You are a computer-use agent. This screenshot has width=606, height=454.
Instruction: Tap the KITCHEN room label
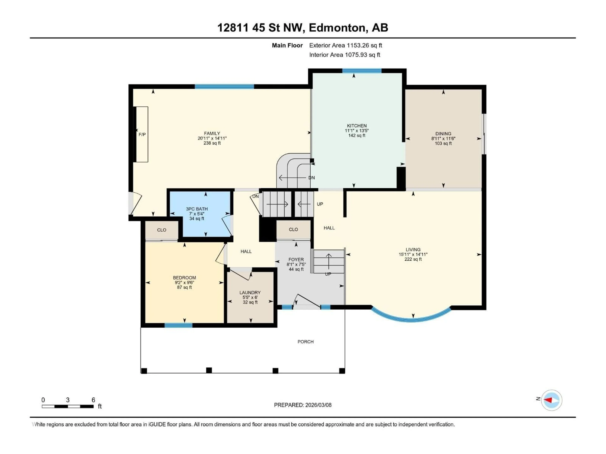point(356,126)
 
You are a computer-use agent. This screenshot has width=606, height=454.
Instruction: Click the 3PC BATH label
point(197,209)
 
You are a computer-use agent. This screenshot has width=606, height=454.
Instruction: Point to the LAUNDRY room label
point(250,293)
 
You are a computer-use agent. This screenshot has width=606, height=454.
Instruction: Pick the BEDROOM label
point(184,277)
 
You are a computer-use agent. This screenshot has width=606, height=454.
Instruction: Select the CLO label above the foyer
point(293,229)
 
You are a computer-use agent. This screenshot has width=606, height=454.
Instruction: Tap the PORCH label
point(306,342)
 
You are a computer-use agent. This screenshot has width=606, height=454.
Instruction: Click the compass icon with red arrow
point(552,400)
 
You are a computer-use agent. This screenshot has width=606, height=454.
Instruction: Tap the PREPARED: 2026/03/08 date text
point(303,405)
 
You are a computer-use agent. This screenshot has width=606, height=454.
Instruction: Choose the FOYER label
point(296,259)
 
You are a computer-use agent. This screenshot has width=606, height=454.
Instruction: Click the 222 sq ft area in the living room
point(413,259)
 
